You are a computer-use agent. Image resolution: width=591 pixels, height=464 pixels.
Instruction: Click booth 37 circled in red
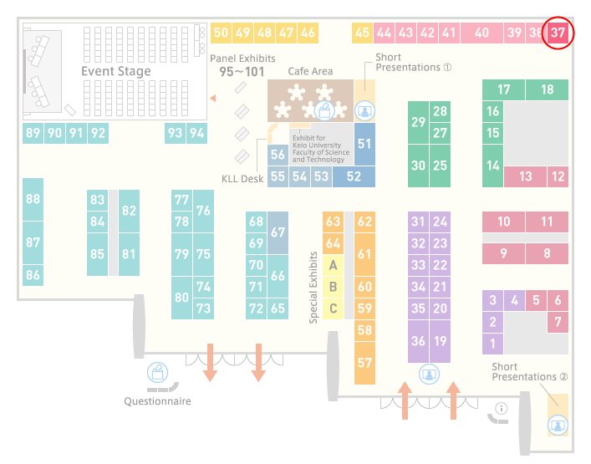pyautogui.click(x=558, y=33)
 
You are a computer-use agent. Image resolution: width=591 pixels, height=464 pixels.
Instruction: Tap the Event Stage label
pyautogui.click(x=116, y=71)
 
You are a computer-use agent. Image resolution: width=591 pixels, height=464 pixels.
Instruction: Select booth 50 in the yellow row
pyautogui.click(x=221, y=33)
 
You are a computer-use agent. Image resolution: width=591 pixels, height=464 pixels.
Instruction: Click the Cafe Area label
pyautogui.click(x=310, y=71)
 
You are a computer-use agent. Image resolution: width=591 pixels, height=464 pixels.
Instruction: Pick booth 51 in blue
pyautogui.click(x=364, y=144)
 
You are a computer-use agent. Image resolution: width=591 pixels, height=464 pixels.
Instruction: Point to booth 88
pyautogui.click(x=33, y=199)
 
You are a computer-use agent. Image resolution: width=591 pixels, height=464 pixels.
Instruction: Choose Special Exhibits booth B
pyautogui.click(x=333, y=287)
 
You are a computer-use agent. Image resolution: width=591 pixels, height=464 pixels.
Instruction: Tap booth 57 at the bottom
pyautogui.click(x=364, y=363)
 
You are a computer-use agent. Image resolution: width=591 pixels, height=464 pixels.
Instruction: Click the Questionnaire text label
pyautogui.click(x=157, y=401)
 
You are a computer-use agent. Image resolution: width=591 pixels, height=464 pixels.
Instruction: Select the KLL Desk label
pyautogui.click(x=242, y=179)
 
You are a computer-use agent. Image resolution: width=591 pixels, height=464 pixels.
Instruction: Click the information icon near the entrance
pyautogui.click(x=502, y=408)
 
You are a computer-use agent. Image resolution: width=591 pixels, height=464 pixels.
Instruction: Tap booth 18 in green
pyautogui.click(x=547, y=89)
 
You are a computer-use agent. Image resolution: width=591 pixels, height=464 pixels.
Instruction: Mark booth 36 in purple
pyautogui.click(x=418, y=341)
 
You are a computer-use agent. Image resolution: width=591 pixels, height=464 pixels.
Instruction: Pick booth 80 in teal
pyautogui.click(x=181, y=298)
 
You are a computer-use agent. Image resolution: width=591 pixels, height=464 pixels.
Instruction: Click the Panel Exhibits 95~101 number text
pyautogui.click(x=242, y=72)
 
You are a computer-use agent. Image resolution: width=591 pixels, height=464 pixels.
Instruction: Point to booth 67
pyautogui.click(x=278, y=232)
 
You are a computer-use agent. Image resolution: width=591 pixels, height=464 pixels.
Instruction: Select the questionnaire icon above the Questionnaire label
pyautogui.click(x=157, y=372)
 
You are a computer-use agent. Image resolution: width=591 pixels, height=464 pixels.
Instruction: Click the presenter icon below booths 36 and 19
pyautogui.click(x=429, y=375)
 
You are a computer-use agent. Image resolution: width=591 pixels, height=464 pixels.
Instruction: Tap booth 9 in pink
pyautogui.click(x=503, y=253)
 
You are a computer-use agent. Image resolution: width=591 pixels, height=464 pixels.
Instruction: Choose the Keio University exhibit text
pyautogui.click(x=321, y=149)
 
